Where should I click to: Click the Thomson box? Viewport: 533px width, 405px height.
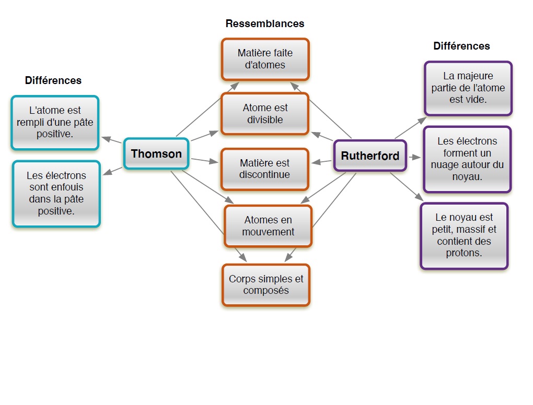156,154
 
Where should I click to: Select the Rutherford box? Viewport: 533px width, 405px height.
370,156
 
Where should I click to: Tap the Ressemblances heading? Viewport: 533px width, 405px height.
264,23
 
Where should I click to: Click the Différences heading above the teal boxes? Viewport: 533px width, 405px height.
53,80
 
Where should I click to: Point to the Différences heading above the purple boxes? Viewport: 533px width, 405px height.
461,46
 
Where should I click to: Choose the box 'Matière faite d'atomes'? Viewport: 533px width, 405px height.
265,59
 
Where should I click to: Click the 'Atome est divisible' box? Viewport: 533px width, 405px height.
265,114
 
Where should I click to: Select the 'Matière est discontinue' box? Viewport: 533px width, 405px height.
265,169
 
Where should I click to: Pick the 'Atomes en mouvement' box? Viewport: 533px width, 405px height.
268,226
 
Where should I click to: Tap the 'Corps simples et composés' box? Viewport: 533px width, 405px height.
266,284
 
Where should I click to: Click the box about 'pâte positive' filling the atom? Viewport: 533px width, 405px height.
55,123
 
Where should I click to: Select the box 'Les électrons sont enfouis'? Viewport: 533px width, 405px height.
56,193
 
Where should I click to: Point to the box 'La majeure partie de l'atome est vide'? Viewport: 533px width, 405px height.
468,88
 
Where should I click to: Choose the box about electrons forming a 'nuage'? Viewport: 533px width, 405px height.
467,159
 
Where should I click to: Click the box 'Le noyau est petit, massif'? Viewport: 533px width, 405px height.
464,235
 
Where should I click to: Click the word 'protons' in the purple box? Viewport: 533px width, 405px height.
464,254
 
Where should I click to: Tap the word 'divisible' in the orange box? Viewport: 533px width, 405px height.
265,120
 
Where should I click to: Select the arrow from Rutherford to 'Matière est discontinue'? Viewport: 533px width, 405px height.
322,162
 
